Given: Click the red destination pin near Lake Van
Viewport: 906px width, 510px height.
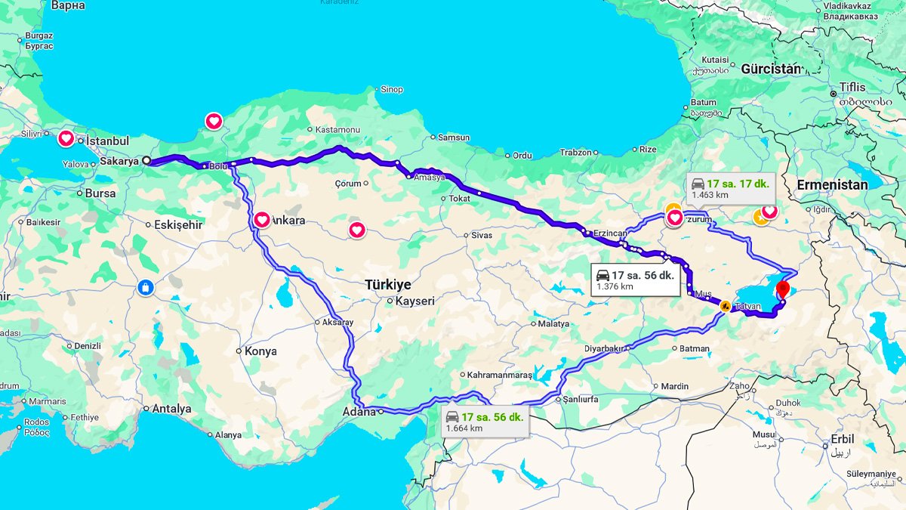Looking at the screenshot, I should [x=783, y=289].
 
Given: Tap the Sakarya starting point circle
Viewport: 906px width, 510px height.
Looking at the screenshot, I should [x=146, y=160].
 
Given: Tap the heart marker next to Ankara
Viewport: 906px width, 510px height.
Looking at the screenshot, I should [x=262, y=220].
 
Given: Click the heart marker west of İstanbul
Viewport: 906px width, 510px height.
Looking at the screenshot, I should [x=66, y=138].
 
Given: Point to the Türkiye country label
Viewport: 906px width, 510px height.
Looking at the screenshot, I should [x=388, y=285].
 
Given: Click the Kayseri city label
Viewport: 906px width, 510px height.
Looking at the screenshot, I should [x=415, y=301].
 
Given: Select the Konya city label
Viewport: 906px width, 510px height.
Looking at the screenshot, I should [x=260, y=351].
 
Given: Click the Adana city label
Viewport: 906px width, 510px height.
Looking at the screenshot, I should [x=359, y=412].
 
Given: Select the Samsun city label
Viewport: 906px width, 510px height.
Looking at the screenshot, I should [x=453, y=138].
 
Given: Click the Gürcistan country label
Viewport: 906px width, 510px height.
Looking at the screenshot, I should [x=770, y=68].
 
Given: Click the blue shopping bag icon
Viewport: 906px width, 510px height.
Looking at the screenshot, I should [x=146, y=287].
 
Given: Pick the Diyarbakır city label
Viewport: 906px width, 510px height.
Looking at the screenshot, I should [x=605, y=348].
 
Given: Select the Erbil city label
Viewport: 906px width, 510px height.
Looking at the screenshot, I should [x=842, y=439].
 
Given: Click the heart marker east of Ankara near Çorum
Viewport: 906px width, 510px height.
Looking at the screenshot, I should [x=357, y=230].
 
